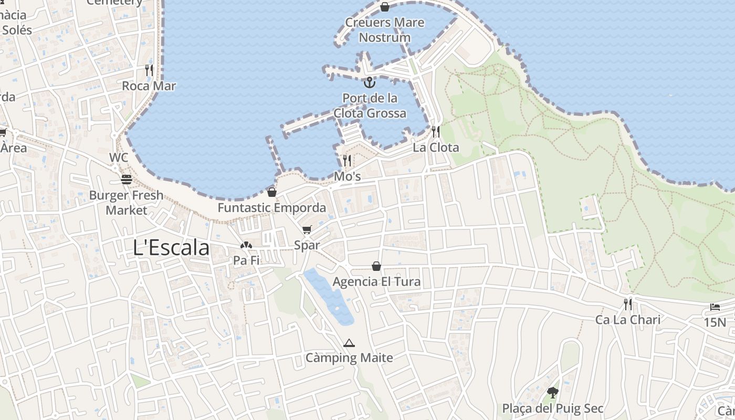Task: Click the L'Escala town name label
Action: point(171,248)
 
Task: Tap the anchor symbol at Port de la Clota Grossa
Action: point(370,82)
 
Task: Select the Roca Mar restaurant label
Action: point(149,86)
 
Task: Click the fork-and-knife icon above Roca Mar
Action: point(149,70)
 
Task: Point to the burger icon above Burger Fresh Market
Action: point(127,180)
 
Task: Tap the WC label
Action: point(119,157)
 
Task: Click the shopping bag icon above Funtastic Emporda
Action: point(272,192)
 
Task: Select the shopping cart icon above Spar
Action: point(307,229)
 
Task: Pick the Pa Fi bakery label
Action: point(246,260)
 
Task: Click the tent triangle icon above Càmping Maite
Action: point(349,343)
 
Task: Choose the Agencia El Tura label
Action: point(376,282)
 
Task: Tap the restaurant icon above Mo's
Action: point(347,160)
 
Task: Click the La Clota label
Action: point(436,148)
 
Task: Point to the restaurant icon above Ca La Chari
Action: point(628,303)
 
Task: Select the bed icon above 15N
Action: point(715,307)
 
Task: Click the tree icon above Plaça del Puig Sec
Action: point(552,392)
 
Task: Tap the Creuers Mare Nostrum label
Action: point(385,30)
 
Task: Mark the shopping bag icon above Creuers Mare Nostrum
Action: point(385,7)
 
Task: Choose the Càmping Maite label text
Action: point(349,358)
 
